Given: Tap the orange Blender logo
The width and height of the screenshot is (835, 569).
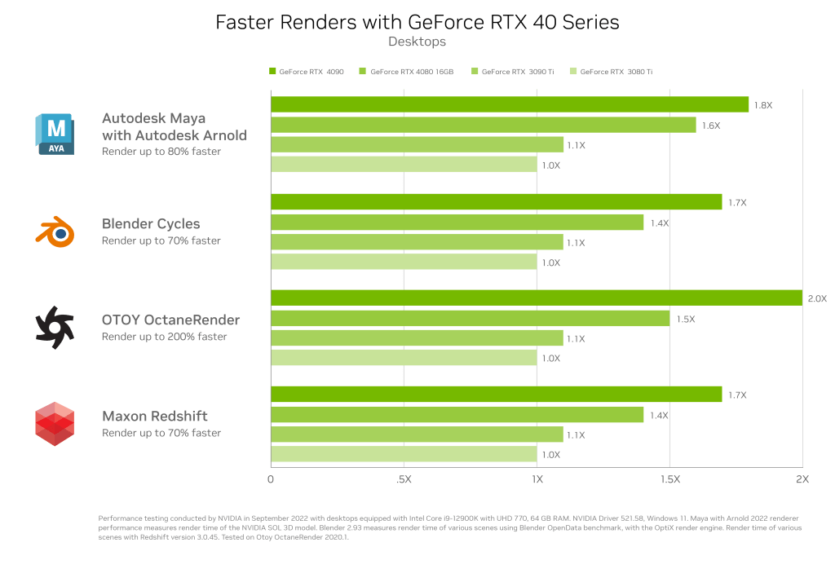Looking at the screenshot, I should pyautogui.click(x=55, y=232).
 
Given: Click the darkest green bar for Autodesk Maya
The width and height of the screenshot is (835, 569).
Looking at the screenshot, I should pyautogui.click(x=510, y=104).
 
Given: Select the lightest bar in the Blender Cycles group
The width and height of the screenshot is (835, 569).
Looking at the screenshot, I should pyautogui.click(x=404, y=262).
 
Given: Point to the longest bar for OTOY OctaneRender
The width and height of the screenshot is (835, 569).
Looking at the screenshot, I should pyautogui.click(x=536, y=298).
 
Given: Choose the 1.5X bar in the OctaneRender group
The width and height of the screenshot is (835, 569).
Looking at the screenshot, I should pyautogui.click(x=470, y=318).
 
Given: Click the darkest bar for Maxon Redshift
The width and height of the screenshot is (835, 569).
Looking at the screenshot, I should pyautogui.click(x=496, y=395).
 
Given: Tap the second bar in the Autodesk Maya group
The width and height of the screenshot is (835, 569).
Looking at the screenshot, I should pyautogui.click(x=483, y=125).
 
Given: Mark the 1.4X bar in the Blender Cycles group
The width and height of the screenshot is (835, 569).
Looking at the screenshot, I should pyautogui.click(x=457, y=222).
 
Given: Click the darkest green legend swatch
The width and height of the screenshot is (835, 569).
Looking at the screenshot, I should pyautogui.click(x=272, y=72).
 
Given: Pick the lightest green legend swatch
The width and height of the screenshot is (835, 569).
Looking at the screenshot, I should pyautogui.click(x=575, y=72).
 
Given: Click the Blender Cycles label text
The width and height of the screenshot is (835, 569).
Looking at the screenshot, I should pyautogui.click(x=151, y=224).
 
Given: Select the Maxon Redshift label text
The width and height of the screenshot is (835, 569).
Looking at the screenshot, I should pyautogui.click(x=156, y=417).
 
